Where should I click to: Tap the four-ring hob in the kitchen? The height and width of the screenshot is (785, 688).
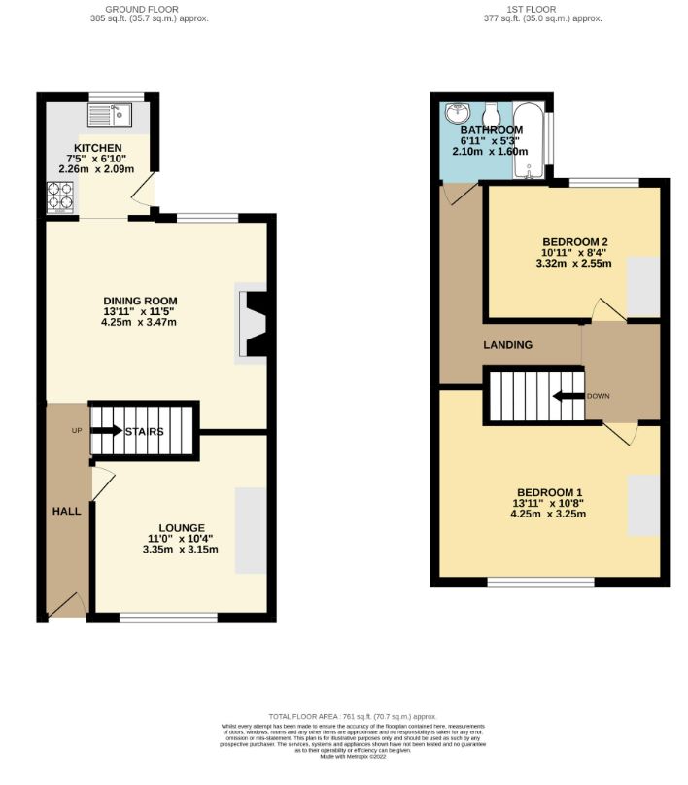pos(61,199)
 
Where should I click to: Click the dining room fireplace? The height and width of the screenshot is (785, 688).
pos(255,324)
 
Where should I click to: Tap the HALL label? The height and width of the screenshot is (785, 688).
pos(67,511)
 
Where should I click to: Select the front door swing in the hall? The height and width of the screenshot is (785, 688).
pos(67,604)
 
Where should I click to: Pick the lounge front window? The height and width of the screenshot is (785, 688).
pos(167,617)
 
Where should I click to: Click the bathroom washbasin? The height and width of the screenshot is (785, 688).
pos(457,114)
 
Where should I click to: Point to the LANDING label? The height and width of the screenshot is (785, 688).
pos(508,345)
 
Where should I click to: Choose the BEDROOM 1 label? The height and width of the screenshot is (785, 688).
pos(549,491)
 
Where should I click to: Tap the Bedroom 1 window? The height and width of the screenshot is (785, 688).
pos(540,582)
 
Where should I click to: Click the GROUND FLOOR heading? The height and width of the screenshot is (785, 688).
pos(149,8)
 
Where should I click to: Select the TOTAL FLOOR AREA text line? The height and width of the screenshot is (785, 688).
pos(344,716)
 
